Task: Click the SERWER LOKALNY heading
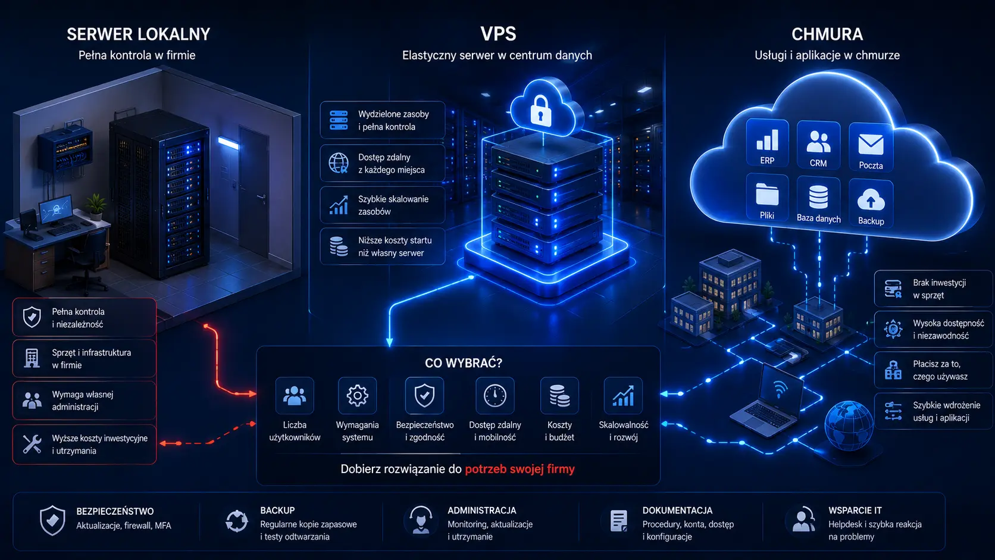point(138,34)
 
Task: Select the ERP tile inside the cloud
point(767,143)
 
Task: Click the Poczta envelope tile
point(871,147)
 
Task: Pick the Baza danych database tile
point(818,200)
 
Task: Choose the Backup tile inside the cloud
point(871,204)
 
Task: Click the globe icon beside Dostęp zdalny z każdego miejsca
point(339,163)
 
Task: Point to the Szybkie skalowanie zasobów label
point(393,205)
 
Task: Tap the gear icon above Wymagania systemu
point(357,395)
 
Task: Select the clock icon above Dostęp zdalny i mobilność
point(495,395)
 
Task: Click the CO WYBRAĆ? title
point(464,363)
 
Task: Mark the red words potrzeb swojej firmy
point(520,469)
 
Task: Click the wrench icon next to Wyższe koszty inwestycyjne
point(32,443)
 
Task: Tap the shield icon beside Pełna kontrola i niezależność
point(32,317)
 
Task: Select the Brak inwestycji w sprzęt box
point(933,289)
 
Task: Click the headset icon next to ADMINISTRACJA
point(420,520)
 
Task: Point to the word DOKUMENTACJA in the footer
point(677,510)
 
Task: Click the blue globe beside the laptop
point(848,425)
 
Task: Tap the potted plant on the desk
point(95,207)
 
